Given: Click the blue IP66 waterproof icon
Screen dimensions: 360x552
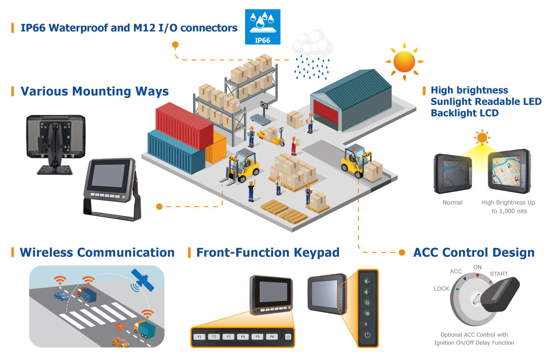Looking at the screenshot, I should pos(262,27).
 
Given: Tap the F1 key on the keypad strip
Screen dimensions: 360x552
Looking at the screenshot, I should pos(199,336).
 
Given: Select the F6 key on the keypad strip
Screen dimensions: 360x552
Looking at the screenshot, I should pos(272,336).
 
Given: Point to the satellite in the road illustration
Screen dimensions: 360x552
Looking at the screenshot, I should pos(143,280).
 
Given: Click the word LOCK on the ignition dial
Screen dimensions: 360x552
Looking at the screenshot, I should pos(441,289).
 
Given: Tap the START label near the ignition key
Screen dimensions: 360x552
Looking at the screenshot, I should pos(499,274).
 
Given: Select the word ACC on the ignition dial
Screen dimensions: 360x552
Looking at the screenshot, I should pos(456,272).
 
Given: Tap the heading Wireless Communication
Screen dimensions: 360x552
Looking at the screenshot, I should pos(97,253).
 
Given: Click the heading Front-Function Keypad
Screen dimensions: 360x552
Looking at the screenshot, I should pos(268,253).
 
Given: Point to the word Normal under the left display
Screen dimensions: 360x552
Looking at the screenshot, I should pos(452,203).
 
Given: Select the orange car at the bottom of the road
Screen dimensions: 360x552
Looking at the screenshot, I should pos(121,342).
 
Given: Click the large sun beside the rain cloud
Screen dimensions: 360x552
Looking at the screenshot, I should pos(404,61).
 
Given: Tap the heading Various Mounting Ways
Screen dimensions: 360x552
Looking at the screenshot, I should pos(95,92).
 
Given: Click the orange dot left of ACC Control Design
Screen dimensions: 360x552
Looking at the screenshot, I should pos(402,252).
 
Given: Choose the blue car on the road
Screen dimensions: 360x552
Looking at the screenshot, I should pos(60,295).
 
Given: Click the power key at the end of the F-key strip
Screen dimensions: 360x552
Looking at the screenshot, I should pos(288,336).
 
